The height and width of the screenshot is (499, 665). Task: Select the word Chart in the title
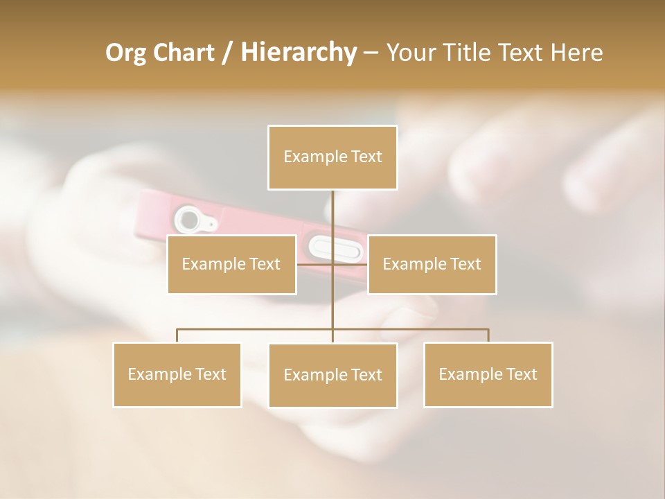pyautogui.click(x=183, y=53)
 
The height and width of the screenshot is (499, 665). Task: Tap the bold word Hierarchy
pyautogui.click(x=299, y=53)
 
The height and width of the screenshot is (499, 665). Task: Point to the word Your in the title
pyautogui.click(x=409, y=53)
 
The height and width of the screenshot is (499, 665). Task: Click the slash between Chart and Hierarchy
pyautogui.click(x=227, y=53)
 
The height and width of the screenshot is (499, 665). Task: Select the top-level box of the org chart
pyautogui.click(x=332, y=157)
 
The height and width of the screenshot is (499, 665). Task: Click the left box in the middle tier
pyautogui.click(x=231, y=264)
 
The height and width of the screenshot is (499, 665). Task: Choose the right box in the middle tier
pyautogui.click(x=432, y=264)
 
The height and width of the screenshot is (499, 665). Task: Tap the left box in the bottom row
pyautogui.click(x=177, y=374)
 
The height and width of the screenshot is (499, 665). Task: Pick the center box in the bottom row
pyautogui.click(x=332, y=375)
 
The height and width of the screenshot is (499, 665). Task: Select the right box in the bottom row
pyautogui.click(x=488, y=374)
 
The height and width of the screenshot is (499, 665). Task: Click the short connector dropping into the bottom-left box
pyautogui.click(x=177, y=335)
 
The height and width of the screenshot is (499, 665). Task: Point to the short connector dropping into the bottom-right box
pyautogui.click(x=488, y=335)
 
